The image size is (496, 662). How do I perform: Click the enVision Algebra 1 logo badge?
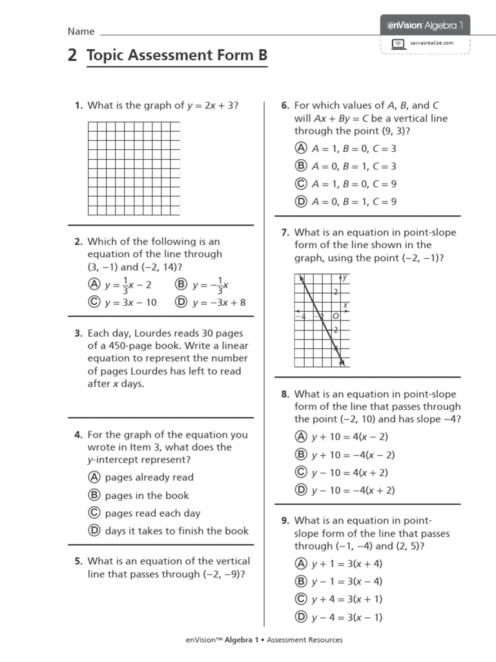point(425,26)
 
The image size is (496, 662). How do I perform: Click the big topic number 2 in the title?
point(72,56)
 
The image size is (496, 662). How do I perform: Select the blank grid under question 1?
point(134,168)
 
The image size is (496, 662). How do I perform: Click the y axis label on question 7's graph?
point(346,277)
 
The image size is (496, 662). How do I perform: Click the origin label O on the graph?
point(335,317)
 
